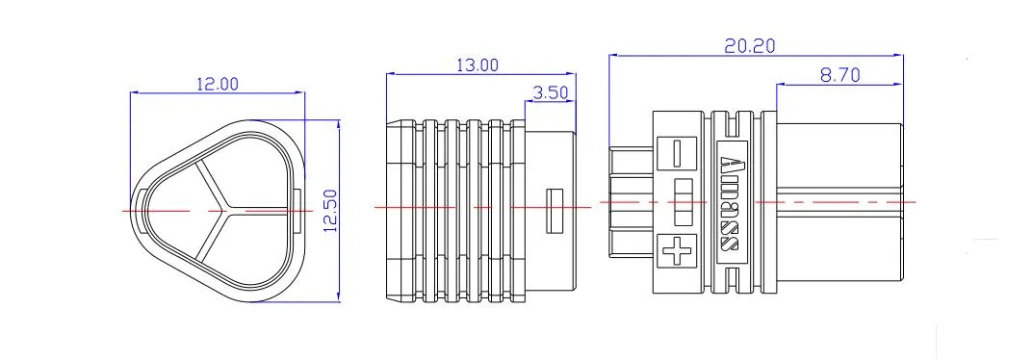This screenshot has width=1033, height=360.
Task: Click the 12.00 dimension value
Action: [x=218, y=84]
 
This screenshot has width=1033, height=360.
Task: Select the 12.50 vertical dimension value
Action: [x=331, y=211]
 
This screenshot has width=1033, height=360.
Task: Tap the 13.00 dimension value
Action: [x=478, y=64]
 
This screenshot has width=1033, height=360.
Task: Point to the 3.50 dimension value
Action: [x=550, y=92]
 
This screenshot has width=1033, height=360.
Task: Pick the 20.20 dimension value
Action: [x=750, y=45]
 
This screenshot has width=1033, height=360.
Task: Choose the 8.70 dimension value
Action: [x=839, y=75]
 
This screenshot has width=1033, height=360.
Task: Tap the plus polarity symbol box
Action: [x=677, y=251]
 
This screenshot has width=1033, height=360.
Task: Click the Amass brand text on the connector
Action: [x=731, y=203]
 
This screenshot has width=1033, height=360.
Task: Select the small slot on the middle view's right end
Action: [x=556, y=211]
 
